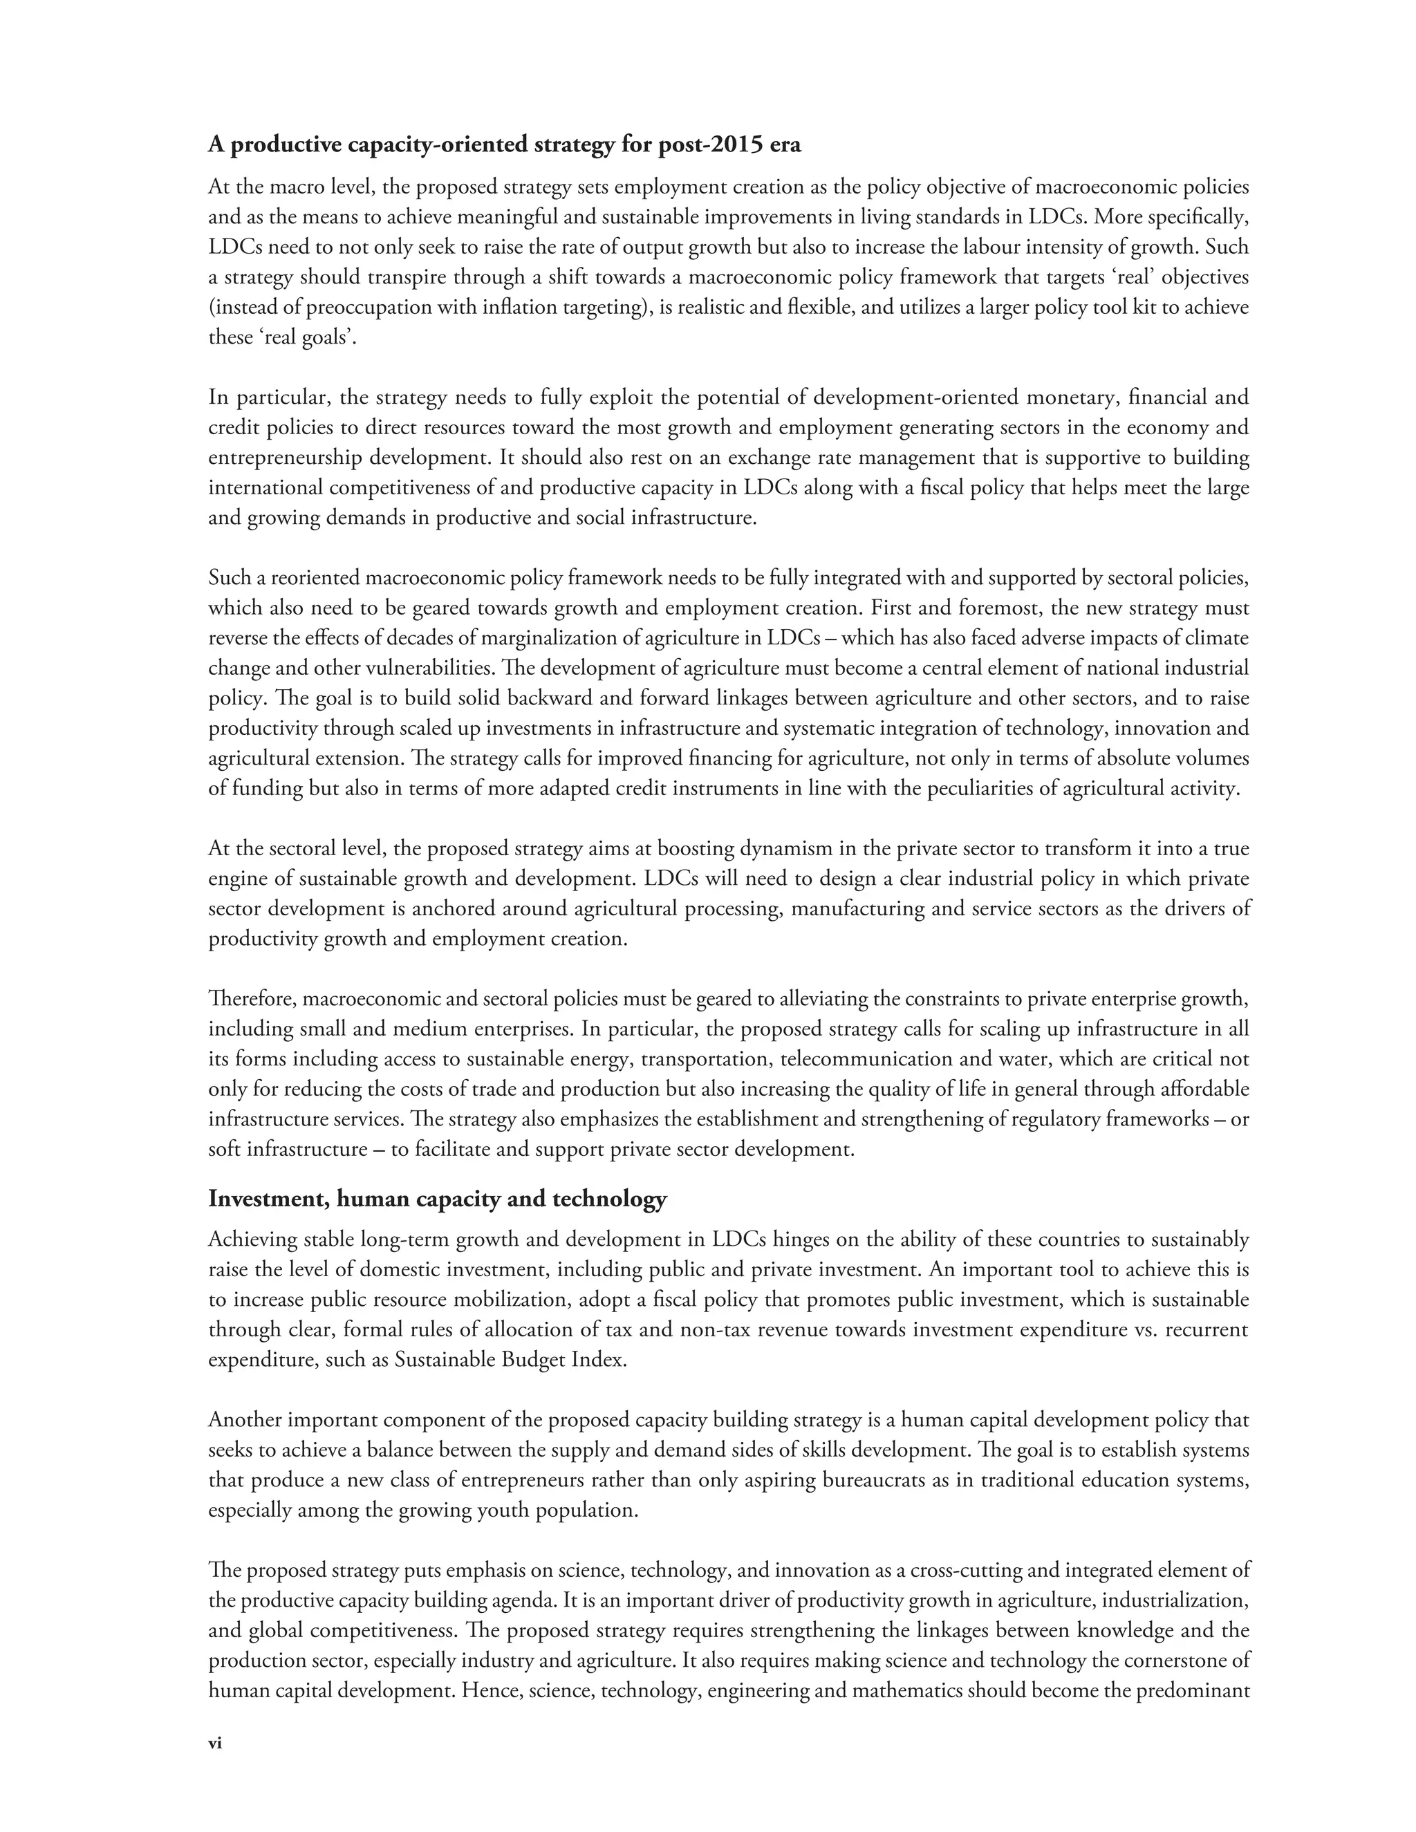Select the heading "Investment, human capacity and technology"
pos(437,1199)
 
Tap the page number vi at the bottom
pos(215,1743)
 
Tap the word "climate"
pos(1214,637)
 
